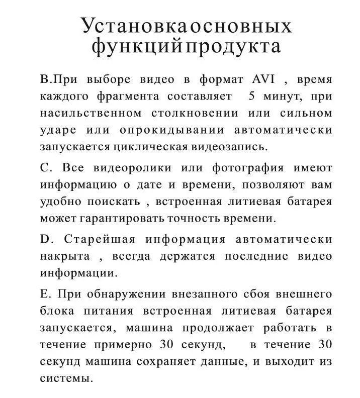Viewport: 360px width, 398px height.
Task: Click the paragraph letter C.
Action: [x=44, y=167]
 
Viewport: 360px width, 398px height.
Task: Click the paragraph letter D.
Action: [x=44, y=239]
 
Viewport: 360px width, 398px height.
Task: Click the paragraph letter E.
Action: [x=44, y=294]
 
